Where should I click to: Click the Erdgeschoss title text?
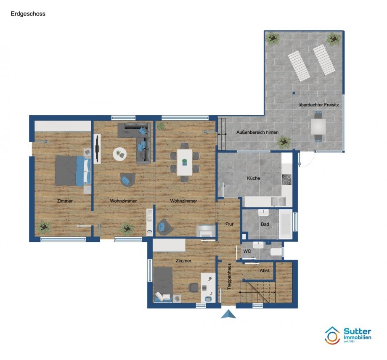pos(28,14)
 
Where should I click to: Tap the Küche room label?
pos(254,178)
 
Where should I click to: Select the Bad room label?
pos(265,224)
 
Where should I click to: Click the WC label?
pos(247,251)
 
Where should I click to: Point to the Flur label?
pos(229,224)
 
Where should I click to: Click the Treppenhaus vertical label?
pos(229,276)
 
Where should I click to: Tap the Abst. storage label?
pos(265,271)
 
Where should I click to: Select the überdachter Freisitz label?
pos(318,105)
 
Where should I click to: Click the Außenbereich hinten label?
pos(257,132)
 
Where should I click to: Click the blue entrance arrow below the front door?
pos(228,314)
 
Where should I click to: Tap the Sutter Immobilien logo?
pos(348,335)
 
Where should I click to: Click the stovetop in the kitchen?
pos(287,180)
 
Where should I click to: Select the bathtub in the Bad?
pos(285,224)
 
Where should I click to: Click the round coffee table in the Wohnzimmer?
pos(120,154)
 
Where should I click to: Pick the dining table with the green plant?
pos(185,162)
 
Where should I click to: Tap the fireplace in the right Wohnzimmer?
pos(204,231)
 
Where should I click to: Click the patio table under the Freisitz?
pos(318,126)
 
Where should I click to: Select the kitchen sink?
pos(278,201)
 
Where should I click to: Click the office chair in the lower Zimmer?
pos(193,288)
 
